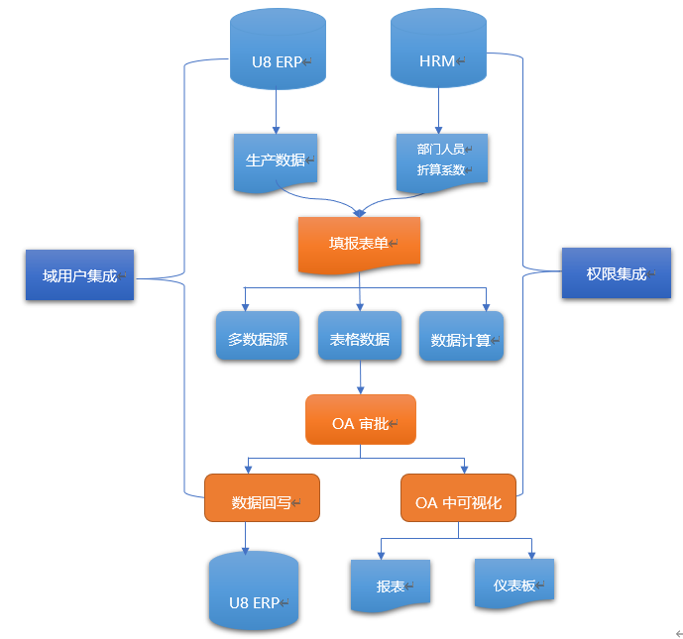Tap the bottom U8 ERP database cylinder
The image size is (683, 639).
(254, 592)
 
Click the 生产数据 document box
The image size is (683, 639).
(276, 160)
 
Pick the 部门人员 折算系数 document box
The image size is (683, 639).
(441, 160)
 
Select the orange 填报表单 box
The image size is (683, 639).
(359, 243)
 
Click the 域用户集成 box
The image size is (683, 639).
(79, 275)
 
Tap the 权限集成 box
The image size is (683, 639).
(616, 272)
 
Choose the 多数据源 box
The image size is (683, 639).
(258, 338)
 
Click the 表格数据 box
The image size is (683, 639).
(359, 338)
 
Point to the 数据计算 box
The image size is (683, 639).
(461, 338)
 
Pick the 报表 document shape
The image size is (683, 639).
(391, 586)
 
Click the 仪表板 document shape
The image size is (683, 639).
(513, 584)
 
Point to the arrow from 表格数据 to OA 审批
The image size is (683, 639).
(359, 377)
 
